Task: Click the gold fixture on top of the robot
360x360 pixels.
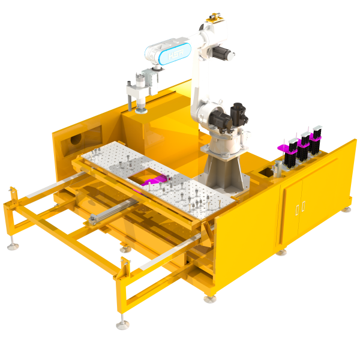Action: click(212, 22)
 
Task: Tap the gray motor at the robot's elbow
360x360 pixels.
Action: click(227, 54)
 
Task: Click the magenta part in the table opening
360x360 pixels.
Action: click(154, 179)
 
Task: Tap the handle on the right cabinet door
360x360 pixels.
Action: click(304, 206)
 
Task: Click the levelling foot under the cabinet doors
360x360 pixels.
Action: click(281, 251)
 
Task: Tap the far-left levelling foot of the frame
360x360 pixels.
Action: click(11, 245)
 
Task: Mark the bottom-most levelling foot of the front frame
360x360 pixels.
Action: click(122, 325)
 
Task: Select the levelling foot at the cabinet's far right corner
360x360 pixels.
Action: click(347, 209)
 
